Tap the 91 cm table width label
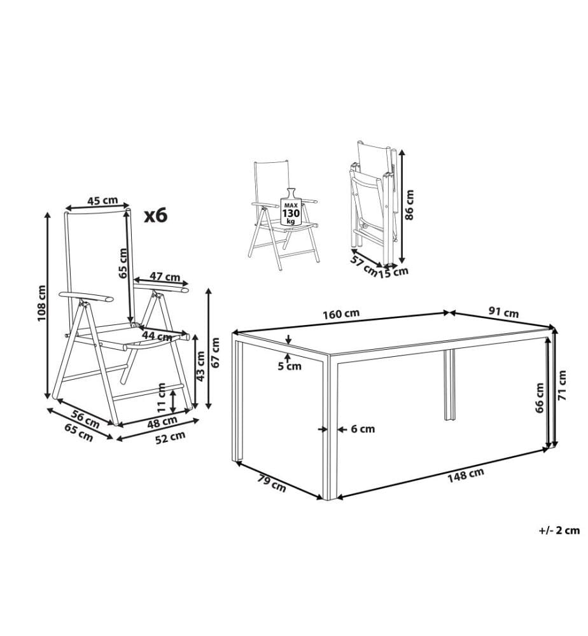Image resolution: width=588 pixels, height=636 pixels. tap(503, 312)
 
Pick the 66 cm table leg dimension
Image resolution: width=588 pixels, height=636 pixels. tap(539, 397)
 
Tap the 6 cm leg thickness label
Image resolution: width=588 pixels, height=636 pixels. tap(363, 429)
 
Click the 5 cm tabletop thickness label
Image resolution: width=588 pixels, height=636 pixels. tap(290, 366)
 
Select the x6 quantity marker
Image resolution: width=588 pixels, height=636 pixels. tap(157, 216)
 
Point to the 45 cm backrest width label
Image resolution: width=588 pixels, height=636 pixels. tap(102, 200)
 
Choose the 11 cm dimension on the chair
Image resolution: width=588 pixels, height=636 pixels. tap(162, 398)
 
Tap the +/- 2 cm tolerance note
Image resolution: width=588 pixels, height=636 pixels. tap(559, 530)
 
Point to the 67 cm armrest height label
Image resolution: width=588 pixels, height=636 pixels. tap(216, 352)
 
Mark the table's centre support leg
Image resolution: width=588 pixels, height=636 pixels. tap(449, 385)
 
